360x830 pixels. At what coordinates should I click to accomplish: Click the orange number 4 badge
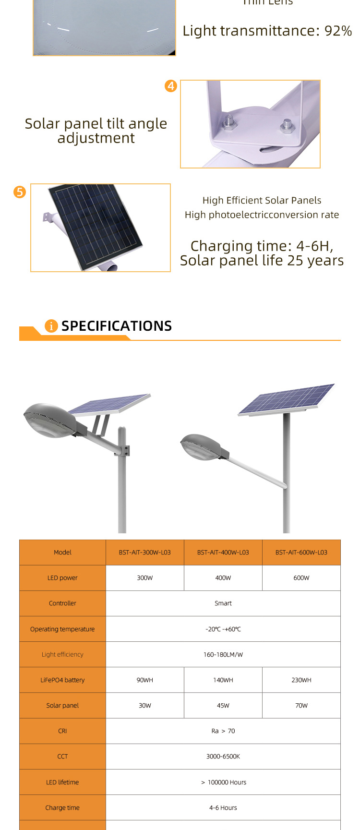click(x=171, y=86)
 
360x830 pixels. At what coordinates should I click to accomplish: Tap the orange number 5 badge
click(x=20, y=192)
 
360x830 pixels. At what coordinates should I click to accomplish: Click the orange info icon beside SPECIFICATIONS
click(x=51, y=326)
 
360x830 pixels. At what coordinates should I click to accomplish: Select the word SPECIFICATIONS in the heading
click(x=117, y=326)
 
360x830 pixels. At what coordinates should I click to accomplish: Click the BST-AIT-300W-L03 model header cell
click(x=144, y=553)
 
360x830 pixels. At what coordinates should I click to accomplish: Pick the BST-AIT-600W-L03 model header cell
click(x=301, y=553)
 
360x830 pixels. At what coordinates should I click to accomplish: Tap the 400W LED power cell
click(x=223, y=578)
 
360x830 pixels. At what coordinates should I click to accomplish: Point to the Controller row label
click(x=62, y=603)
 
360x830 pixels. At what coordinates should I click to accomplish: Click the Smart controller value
click(x=223, y=603)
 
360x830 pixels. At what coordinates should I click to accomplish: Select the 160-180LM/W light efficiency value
click(x=223, y=654)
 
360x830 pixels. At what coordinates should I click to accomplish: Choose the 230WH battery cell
click(x=301, y=680)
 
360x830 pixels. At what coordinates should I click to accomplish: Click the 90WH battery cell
click(x=144, y=680)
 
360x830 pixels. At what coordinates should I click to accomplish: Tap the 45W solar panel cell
click(x=223, y=705)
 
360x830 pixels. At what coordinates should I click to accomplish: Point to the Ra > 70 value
click(x=223, y=731)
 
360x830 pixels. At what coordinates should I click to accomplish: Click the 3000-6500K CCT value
click(x=223, y=756)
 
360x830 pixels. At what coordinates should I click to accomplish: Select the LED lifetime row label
click(x=62, y=782)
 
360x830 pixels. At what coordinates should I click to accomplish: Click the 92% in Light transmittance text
click(x=338, y=31)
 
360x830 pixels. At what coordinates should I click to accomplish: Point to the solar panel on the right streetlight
click(x=286, y=399)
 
